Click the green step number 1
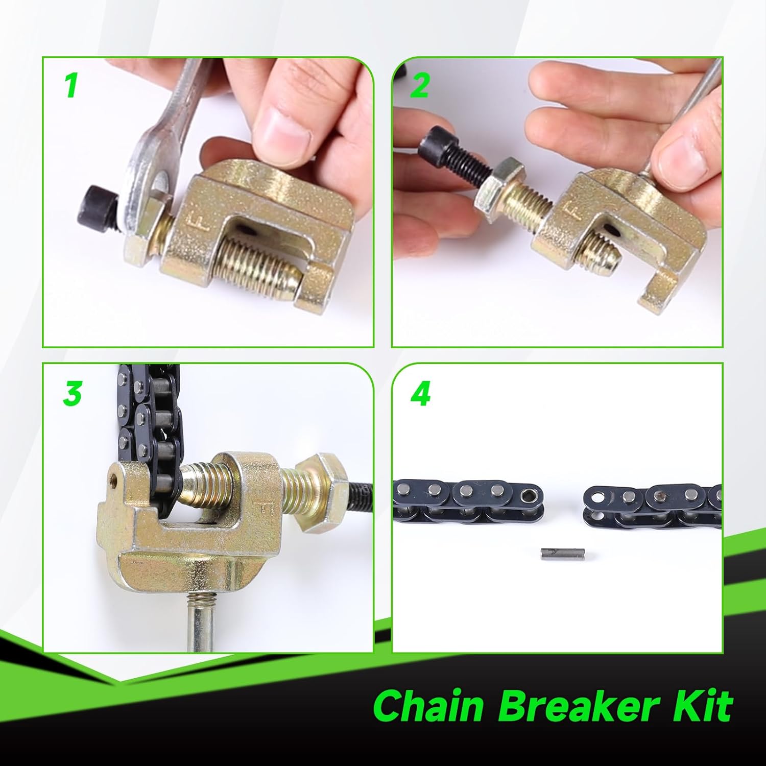coord(71,85)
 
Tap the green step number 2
coord(420,85)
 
